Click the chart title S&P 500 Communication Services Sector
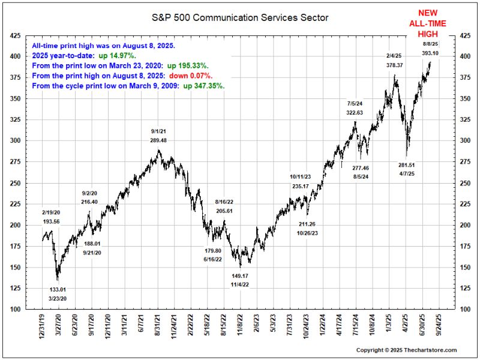coord(239,17)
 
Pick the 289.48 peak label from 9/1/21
coord(158,140)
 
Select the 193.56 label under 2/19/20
coord(51,221)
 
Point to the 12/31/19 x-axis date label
coord(43,327)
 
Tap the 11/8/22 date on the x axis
coord(241,327)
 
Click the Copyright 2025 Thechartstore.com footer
coord(406,350)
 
